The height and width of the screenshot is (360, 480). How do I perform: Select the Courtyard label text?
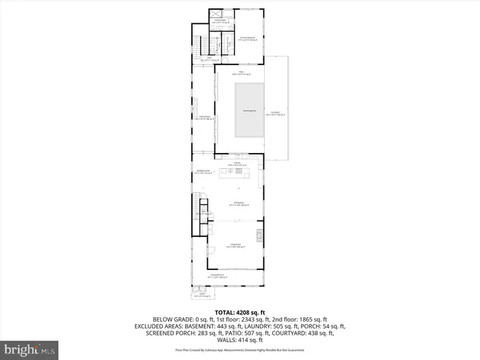[x=276, y=114]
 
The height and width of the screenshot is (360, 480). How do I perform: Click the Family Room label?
[x=204, y=118]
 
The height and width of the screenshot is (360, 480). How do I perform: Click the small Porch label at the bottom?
[x=201, y=296]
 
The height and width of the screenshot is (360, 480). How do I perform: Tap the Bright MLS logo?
[x=30, y=349]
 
